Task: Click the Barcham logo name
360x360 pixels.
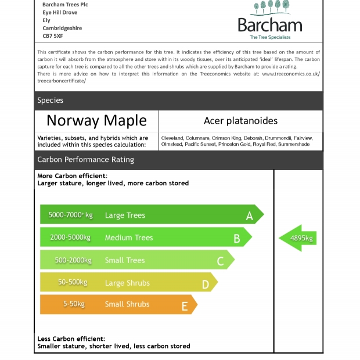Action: click(x=269, y=25)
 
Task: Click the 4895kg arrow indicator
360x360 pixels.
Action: click(x=298, y=238)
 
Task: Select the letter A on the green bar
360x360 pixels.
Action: click(x=249, y=215)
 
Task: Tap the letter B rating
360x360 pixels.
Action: click(x=236, y=238)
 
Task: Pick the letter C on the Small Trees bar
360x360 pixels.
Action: click(x=220, y=261)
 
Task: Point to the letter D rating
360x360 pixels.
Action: click(x=205, y=283)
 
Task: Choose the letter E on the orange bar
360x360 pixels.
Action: click(x=185, y=305)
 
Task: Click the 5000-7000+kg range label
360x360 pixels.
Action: click(x=70, y=215)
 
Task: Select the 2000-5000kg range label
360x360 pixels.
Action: click(x=70, y=237)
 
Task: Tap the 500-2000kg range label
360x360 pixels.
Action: click(x=73, y=260)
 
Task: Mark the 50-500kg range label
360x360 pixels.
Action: click(x=73, y=282)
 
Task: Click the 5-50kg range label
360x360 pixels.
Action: click(x=74, y=304)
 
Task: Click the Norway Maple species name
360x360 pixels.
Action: click(x=96, y=121)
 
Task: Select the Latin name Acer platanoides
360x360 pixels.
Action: click(x=240, y=121)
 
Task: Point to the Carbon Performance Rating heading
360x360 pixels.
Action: click(x=85, y=160)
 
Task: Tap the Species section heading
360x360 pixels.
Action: click(x=51, y=100)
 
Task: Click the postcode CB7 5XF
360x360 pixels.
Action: click(x=52, y=36)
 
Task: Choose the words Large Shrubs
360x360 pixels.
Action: click(x=127, y=283)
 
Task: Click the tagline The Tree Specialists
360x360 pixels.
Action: click(x=270, y=37)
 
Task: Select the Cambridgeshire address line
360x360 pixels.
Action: click(x=62, y=28)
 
